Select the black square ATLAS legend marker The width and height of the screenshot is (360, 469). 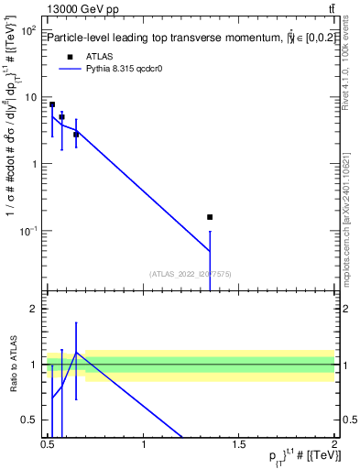tap(71, 57)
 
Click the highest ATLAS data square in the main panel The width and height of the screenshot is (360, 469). tap(52, 104)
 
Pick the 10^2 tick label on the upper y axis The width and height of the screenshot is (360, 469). tap(27, 31)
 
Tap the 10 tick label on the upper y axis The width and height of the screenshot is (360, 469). tap(29, 97)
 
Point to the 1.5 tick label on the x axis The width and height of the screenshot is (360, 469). tap(239, 446)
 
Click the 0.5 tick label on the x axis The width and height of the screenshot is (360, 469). tap(48, 446)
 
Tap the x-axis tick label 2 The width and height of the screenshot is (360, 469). tap(335, 446)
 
